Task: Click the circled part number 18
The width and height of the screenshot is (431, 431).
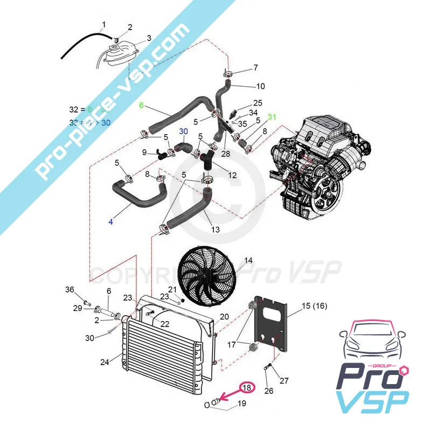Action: tap(247, 387)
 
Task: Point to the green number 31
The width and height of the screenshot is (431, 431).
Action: tap(272, 117)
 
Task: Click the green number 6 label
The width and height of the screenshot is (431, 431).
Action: tap(142, 106)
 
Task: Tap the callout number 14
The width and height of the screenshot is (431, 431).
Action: tap(248, 261)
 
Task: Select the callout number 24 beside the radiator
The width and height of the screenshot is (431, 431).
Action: tap(105, 362)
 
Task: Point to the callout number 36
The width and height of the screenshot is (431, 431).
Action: tap(69, 290)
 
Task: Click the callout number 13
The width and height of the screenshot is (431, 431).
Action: tap(215, 230)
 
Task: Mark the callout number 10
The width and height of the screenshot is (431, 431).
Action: tap(260, 86)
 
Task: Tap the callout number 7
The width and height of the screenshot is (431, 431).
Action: tap(255, 67)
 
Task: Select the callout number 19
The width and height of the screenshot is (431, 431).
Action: tap(241, 403)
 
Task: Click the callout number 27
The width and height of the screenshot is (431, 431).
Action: tap(284, 380)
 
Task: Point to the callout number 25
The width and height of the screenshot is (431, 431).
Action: tap(258, 103)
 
